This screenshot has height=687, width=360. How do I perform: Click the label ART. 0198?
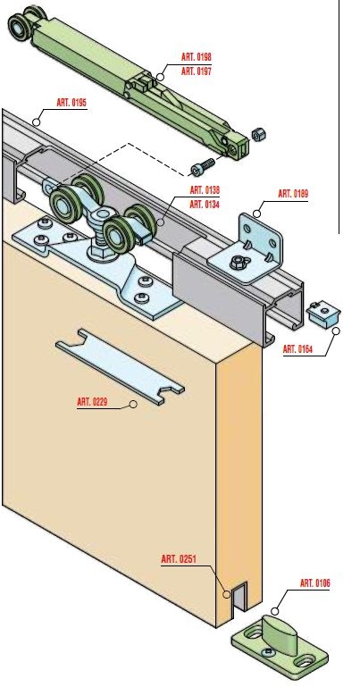[197, 57]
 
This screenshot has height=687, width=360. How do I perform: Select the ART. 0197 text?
[197, 71]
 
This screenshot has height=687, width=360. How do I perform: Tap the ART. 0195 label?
[71, 103]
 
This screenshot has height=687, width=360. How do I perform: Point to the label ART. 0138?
[205, 190]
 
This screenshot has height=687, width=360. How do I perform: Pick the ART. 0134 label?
[205, 205]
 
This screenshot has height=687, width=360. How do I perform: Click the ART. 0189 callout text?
[293, 194]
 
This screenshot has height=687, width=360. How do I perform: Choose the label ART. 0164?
[297, 349]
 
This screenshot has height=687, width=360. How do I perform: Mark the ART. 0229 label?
[92, 401]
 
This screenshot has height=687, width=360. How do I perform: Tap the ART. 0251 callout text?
[179, 559]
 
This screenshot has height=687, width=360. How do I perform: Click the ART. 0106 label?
[315, 583]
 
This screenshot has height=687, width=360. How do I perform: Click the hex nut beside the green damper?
[259, 135]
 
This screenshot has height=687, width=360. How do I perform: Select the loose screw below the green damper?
[203, 166]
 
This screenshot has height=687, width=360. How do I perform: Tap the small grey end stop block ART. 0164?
[323, 314]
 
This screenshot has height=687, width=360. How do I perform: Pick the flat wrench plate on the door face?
[120, 366]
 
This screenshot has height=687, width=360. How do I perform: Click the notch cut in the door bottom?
[239, 599]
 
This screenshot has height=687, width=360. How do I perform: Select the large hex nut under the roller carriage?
[102, 252]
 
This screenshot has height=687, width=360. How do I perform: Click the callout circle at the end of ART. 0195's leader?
[37, 121]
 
